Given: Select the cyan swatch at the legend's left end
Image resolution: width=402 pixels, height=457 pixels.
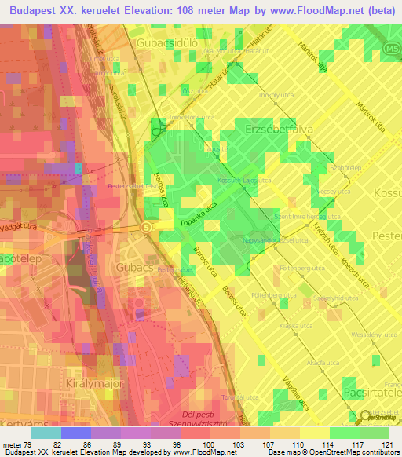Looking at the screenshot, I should coord(46,433).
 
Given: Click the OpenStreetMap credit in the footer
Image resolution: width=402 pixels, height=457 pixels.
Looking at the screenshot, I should coord(367,452).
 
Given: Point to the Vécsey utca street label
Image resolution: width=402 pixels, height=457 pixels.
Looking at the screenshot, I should coord(334,191).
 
